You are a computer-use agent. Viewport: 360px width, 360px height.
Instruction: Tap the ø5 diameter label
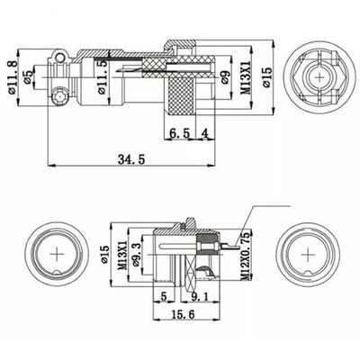[x=30, y=78]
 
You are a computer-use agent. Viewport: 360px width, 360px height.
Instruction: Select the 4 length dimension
[x=206, y=134]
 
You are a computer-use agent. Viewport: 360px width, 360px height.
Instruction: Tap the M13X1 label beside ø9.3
[x=126, y=256]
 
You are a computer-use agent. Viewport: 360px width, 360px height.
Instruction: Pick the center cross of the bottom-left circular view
[x=59, y=255]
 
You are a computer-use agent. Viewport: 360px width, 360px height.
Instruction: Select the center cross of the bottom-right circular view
[x=310, y=255]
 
